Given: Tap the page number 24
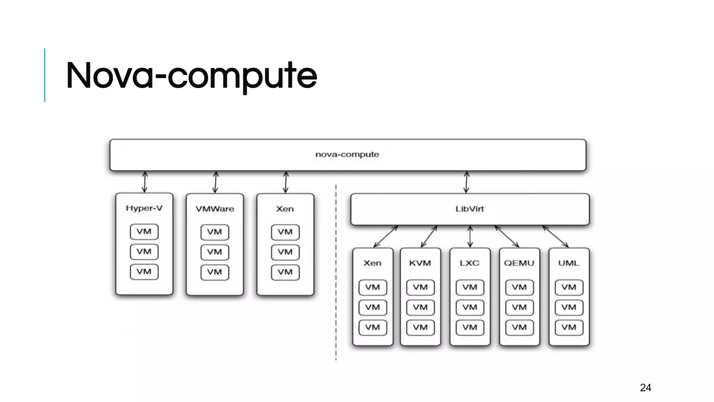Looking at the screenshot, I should (645, 388).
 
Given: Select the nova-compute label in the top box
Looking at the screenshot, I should (347, 154).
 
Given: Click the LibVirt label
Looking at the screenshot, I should (470, 209).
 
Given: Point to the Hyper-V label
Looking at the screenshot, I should (144, 208).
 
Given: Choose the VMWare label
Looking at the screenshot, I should (215, 209).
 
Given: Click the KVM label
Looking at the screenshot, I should (420, 263).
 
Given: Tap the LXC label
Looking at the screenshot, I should (470, 263).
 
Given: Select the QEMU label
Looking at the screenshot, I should (519, 263).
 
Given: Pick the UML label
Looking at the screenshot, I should (569, 263).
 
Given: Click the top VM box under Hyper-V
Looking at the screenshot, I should (144, 232).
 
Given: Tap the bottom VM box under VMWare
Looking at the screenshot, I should (215, 272).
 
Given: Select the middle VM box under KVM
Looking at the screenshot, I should (420, 307).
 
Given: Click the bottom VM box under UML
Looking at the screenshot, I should (569, 328).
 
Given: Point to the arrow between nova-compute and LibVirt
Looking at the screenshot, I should (466, 182).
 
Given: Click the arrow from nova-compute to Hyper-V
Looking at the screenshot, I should (145, 182).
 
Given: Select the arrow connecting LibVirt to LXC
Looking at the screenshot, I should (470, 237).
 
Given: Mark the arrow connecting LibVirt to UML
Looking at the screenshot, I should (555, 237).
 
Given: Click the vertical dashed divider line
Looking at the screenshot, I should (336, 272).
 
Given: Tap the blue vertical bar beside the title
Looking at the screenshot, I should (45, 75).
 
